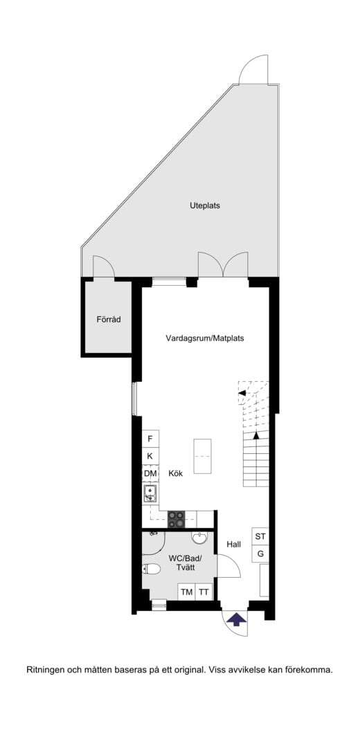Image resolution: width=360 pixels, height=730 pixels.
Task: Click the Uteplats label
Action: pos(205,206)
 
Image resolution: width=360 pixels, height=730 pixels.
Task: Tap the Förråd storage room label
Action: pos(109,319)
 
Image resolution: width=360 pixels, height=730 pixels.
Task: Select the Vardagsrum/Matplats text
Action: pos(204,338)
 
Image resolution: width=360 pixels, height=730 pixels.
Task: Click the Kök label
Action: pos(174,474)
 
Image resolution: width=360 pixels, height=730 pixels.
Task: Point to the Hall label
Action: pos(233,545)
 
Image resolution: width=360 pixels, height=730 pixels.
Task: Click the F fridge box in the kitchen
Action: pos(150,439)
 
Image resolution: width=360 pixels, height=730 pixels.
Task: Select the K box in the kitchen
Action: pos(150,456)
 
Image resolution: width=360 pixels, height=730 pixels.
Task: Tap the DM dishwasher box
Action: pos(150,473)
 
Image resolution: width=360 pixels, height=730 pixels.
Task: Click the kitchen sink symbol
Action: pos(151,493)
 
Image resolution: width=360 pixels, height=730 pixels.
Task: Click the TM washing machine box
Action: pos(186,592)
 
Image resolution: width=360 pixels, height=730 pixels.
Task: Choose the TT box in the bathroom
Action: pos(204,592)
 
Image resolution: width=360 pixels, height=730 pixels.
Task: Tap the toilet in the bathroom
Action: pos(152,569)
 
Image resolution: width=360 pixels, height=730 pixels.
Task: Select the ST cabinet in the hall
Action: pos(260,536)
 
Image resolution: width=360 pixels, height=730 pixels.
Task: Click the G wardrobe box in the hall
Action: pos(260,554)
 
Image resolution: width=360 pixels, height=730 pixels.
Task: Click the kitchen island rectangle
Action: pos(204,456)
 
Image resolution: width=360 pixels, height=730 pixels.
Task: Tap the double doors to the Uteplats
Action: pos(222,265)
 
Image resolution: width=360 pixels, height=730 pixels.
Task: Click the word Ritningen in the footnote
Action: pos(46,670)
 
